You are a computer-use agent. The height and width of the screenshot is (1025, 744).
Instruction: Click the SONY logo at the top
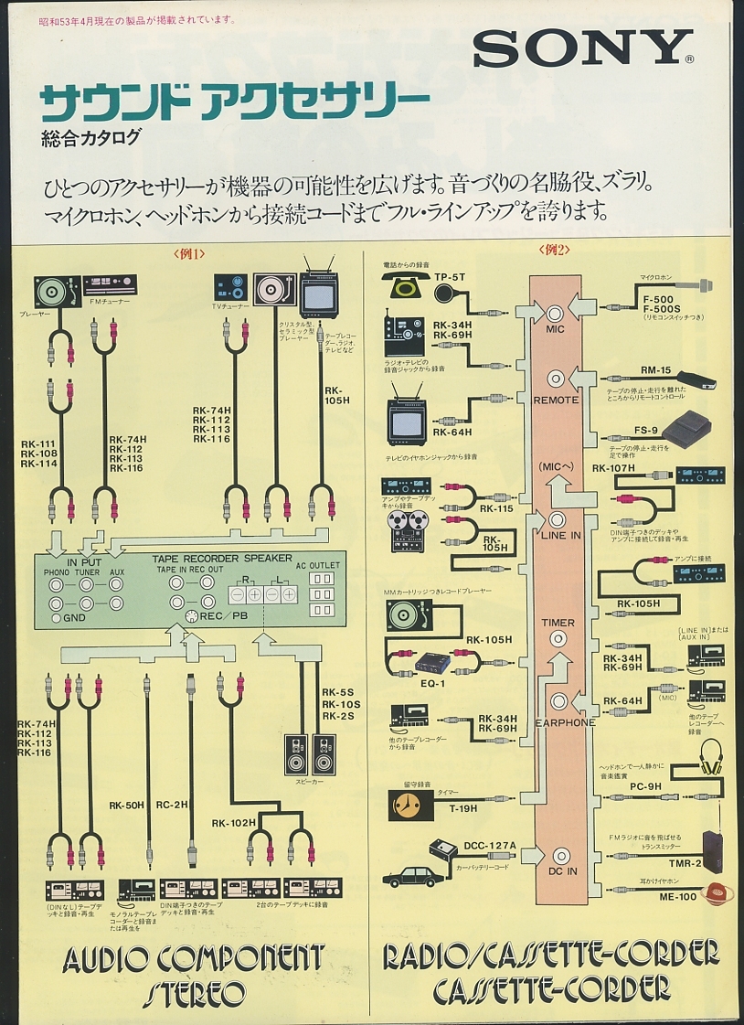pyautogui.click(x=582, y=48)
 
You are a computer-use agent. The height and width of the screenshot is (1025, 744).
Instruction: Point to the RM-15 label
pyautogui.click(x=655, y=370)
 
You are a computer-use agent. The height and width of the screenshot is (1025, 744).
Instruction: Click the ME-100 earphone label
pyautogui.click(x=677, y=896)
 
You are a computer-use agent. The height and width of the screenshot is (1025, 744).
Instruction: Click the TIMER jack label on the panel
pyautogui.click(x=558, y=623)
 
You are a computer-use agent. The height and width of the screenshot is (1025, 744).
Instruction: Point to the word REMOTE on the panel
pyautogui.click(x=556, y=400)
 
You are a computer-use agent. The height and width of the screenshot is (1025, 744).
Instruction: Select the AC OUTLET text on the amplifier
pyautogui.click(x=317, y=565)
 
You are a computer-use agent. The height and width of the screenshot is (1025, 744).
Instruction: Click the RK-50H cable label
pyautogui.click(x=126, y=806)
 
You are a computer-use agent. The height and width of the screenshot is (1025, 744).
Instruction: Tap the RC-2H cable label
pyautogui.click(x=171, y=806)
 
